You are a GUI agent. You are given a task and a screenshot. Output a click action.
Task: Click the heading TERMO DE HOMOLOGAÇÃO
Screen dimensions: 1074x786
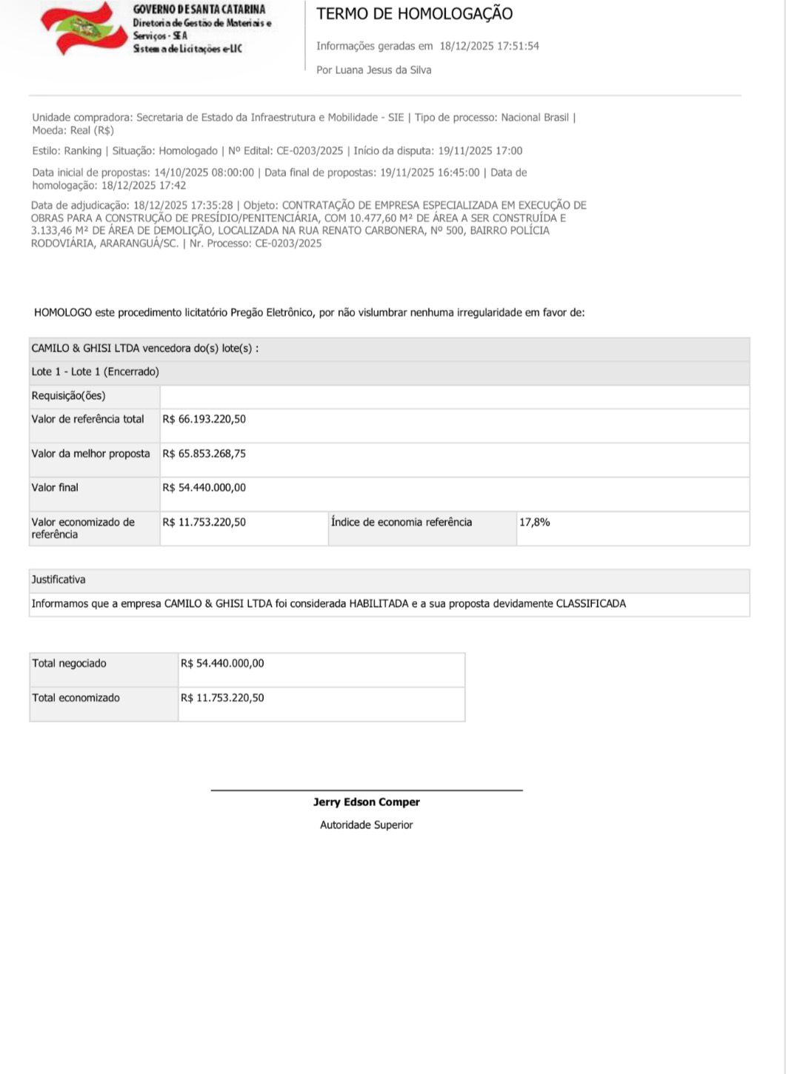(x=414, y=13)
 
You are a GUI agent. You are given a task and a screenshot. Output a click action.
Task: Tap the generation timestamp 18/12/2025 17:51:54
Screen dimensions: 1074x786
(x=489, y=46)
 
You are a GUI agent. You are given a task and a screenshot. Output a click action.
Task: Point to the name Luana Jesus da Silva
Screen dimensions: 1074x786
(x=384, y=70)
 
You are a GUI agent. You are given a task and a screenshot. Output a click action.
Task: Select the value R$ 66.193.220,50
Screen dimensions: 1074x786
(x=204, y=419)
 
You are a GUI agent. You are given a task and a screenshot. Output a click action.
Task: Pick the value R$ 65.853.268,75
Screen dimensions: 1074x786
(x=204, y=454)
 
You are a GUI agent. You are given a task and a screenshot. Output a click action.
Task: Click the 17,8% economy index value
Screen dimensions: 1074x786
(x=534, y=522)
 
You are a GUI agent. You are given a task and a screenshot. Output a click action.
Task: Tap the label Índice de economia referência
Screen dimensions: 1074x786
(x=401, y=522)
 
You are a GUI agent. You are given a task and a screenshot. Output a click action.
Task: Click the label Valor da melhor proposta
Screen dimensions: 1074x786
(x=90, y=454)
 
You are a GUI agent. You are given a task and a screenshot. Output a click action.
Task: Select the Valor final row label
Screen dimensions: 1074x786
(x=55, y=488)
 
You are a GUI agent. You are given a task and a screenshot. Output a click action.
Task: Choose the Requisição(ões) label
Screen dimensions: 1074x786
(x=68, y=396)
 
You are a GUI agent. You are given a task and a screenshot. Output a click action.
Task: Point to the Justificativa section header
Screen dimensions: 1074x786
(x=59, y=580)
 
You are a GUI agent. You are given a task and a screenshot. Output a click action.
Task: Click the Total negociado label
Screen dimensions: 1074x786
(x=69, y=663)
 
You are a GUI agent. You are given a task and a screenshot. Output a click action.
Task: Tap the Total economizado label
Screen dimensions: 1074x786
(x=76, y=698)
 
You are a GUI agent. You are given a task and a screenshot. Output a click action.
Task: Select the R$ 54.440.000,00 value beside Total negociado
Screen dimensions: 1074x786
(x=222, y=663)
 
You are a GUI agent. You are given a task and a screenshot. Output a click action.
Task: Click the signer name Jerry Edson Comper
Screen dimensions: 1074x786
(x=366, y=802)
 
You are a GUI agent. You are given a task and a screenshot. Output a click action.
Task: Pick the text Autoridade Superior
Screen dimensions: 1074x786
(x=366, y=825)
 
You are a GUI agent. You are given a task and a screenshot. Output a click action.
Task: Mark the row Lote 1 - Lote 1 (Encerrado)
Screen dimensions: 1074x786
(x=95, y=372)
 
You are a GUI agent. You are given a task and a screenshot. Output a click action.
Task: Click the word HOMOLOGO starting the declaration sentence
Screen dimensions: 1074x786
(x=63, y=312)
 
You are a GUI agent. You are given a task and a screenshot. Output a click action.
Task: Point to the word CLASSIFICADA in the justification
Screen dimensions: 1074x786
(x=590, y=604)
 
